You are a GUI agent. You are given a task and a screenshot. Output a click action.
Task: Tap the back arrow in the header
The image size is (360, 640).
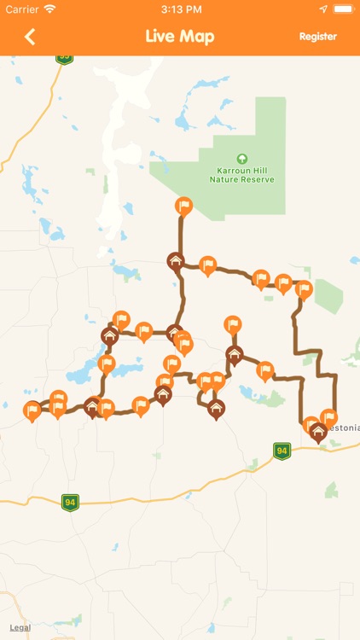(31, 37)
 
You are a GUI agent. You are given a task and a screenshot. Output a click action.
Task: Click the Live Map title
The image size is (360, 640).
(180, 37)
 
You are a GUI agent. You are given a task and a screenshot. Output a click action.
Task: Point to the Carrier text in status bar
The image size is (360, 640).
(22, 9)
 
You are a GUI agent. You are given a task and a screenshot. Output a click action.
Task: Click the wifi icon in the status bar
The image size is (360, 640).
(50, 9)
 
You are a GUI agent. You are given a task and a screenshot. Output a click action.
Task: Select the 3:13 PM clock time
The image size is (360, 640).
(180, 9)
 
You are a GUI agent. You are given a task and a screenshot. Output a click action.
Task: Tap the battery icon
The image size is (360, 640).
(343, 9)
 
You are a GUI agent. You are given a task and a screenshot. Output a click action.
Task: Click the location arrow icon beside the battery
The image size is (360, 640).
(323, 9)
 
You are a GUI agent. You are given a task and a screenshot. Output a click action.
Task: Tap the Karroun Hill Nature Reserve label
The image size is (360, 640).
(242, 174)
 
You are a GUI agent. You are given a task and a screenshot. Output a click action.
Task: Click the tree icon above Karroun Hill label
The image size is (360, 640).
(242, 158)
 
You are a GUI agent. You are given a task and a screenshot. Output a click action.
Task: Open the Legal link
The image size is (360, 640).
(20, 627)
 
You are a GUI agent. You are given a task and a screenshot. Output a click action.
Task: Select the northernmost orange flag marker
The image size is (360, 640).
(183, 206)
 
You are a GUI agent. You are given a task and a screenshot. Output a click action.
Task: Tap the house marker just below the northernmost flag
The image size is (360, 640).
(176, 261)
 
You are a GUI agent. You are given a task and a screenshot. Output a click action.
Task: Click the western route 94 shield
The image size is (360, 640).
(70, 503)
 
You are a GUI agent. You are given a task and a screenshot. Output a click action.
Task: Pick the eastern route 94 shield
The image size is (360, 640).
(282, 450)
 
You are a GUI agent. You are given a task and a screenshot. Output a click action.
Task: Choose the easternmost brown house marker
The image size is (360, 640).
(319, 432)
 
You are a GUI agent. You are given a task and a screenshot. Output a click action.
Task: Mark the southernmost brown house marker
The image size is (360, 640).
(216, 409)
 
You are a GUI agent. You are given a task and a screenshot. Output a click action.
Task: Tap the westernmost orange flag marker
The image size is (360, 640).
(32, 411)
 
